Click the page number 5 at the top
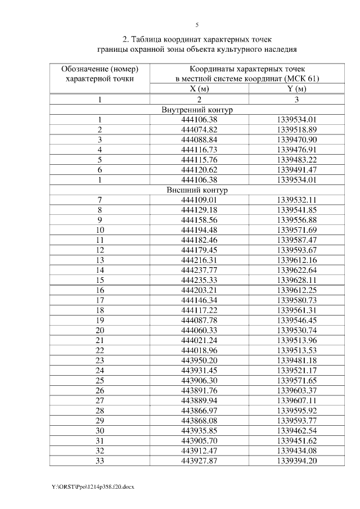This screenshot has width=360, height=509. [x=197, y=25]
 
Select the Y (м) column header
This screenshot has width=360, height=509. [x=297, y=89]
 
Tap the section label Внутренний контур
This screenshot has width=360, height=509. [x=197, y=110]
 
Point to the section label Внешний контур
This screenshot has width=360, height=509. [x=197, y=190]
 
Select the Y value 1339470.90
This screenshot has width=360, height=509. [x=298, y=139]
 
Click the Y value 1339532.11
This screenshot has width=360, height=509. [x=298, y=200]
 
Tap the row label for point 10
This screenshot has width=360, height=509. [x=100, y=230]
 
